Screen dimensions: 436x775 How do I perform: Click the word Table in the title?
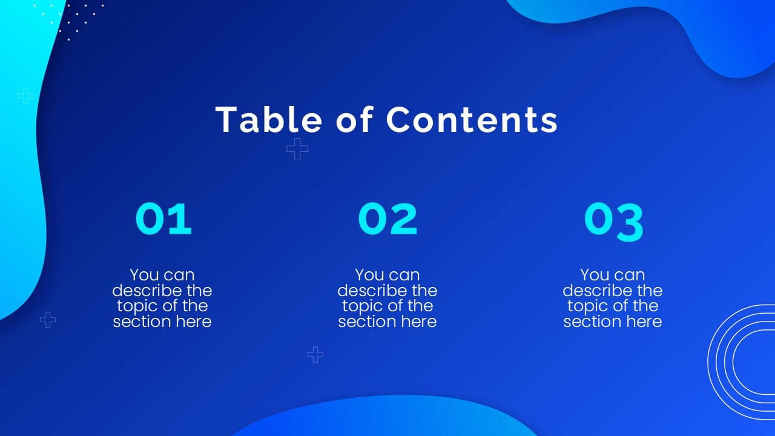click(268, 119)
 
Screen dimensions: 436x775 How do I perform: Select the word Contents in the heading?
click(472, 119)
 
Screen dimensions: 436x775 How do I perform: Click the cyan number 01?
click(163, 219)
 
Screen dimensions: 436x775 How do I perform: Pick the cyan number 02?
click(387, 219)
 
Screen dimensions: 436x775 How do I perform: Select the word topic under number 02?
click(363, 306)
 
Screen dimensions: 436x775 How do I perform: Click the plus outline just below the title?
click(297, 148)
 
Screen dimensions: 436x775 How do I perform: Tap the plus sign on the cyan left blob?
click(25, 96)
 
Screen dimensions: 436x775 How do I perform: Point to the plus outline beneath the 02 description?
click(315, 354)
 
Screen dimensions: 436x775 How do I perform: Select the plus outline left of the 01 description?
click(48, 320)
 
